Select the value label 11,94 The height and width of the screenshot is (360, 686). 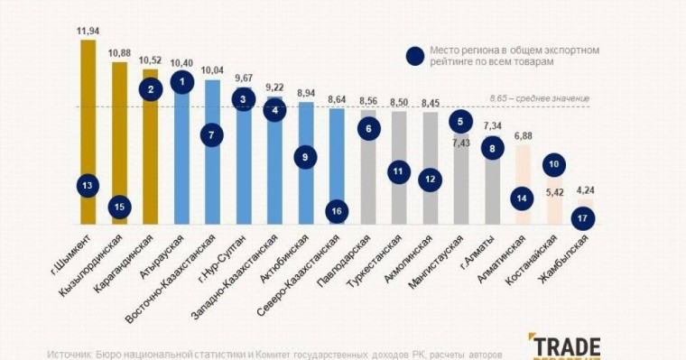tap(88, 31)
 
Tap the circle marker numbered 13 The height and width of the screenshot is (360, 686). tap(88, 186)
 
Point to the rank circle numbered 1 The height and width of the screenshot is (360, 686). tap(182, 82)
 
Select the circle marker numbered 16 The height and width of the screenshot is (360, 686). tap(337, 210)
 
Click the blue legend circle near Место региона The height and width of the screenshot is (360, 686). tap(415, 56)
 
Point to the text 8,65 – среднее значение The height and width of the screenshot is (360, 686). tap(539, 97)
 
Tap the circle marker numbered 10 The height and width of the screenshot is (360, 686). tap(554, 164)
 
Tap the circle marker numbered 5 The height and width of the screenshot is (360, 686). tap(460, 121)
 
